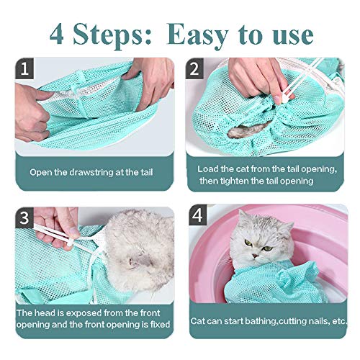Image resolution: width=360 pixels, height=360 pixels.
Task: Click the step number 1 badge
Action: (x=26, y=70)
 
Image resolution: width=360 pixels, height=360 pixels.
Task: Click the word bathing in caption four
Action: (x=255, y=320)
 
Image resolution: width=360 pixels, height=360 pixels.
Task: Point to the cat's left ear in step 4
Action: (x=287, y=217)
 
